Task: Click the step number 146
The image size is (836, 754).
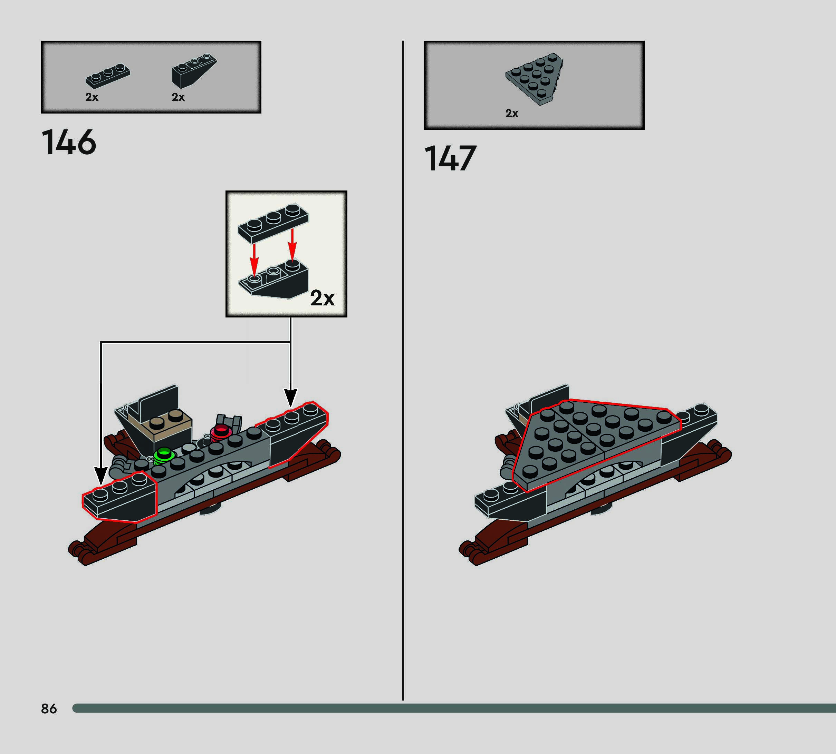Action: point(69,142)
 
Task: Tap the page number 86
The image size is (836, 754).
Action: point(49,708)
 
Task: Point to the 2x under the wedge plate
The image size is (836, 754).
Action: point(511,113)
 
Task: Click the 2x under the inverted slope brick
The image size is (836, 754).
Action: point(178,97)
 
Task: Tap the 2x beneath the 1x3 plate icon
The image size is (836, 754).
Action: point(92,97)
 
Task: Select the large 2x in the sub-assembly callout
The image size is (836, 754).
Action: point(322,298)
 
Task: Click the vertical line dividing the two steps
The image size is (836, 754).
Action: point(403,373)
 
